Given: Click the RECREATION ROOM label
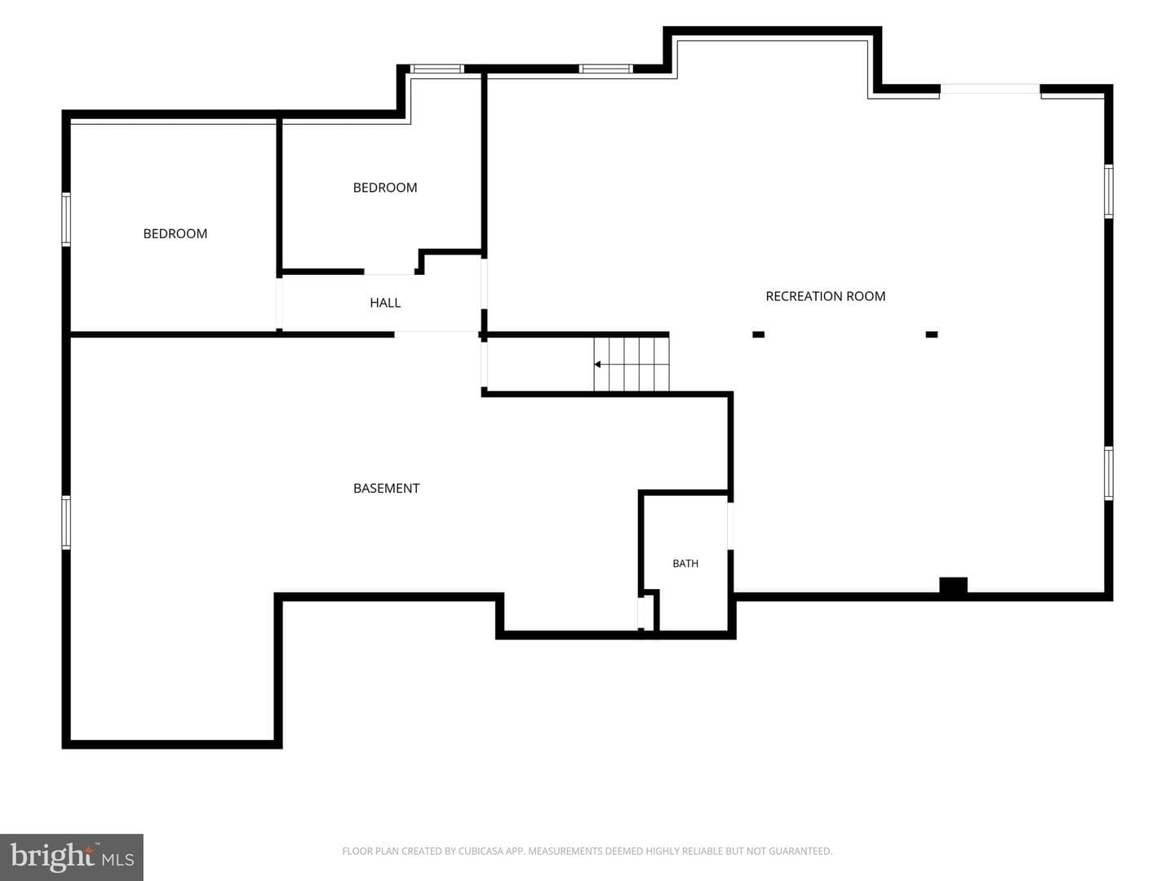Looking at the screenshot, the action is (825, 296).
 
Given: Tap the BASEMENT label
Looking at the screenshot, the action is (386, 489).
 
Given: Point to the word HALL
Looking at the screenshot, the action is (385, 303).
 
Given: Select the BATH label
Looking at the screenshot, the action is (685, 563).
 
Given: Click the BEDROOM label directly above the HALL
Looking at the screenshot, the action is (385, 188).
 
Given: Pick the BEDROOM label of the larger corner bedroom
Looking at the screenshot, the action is (175, 234).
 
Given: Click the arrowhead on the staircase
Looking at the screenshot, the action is (597, 365).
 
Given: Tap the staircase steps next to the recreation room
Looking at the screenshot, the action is (631, 365).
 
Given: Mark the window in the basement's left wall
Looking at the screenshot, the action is (66, 523).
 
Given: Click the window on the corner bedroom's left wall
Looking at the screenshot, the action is (66, 219).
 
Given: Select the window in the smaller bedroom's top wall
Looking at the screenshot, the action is (437, 69).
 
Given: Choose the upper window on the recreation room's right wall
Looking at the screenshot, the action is (1109, 191).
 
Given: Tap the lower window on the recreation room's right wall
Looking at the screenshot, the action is (1109, 473).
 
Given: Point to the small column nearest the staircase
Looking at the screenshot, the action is (758, 334).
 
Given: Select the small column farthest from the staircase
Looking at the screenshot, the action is (932, 334).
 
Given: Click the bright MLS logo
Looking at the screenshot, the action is (72, 857).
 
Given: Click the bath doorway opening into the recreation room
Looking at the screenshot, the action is (730, 526).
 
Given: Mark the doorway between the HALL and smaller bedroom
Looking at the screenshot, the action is (389, 272).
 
